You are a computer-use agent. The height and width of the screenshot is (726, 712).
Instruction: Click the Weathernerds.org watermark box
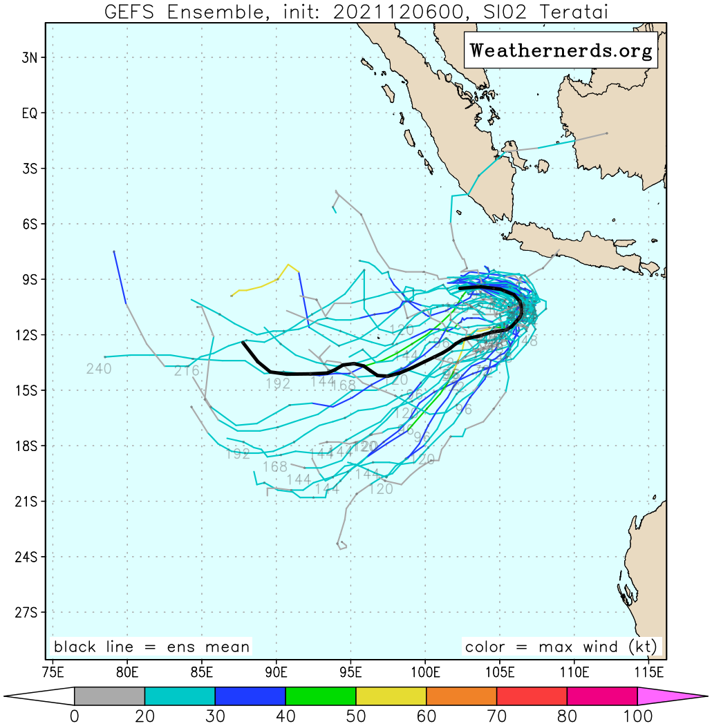[561, 50]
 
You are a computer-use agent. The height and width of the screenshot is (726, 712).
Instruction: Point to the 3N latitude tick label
[29, 57]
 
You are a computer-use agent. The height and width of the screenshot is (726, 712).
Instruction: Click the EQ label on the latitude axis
[29, 113]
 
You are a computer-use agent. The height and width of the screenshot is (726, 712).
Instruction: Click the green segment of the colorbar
[321, 696]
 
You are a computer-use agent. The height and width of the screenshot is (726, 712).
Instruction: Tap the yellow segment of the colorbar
[391, 696]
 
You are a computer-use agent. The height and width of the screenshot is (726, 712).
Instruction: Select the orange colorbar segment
[462, 696]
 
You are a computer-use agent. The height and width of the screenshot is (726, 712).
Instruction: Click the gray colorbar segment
[109, 696]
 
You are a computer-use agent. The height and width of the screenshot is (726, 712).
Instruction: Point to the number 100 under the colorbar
[637, 716]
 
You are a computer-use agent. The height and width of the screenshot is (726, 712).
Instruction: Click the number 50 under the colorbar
[356, 716]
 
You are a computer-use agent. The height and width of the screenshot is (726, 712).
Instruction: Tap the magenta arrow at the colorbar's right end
[671, 696]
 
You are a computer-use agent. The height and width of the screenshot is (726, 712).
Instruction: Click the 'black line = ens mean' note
[151, 647]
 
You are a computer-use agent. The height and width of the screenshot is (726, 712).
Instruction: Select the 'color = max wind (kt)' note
[562, 647]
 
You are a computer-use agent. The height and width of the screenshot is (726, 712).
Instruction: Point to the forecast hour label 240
[99, 369]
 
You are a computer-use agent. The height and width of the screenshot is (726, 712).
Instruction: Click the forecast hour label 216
[187, 371]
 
